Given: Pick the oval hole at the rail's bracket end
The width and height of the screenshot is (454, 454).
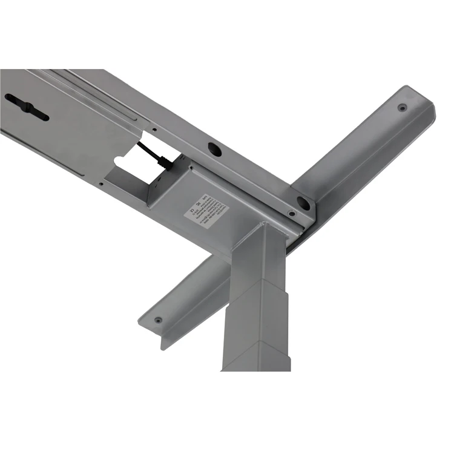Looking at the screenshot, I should pos(303,204).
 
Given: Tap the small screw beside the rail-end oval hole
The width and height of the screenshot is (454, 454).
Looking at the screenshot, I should pos(292,214).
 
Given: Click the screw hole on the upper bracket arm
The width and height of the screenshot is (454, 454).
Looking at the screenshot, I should pos(403,108).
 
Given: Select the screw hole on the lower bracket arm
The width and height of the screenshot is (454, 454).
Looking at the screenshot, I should pos(158,320).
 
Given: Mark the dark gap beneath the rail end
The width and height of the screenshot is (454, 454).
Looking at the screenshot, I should pos(295,240).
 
